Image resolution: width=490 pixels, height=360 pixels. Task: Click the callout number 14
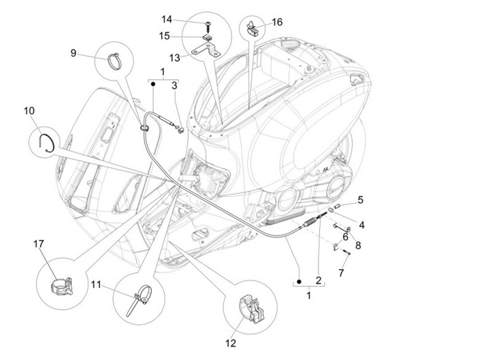(167, 18)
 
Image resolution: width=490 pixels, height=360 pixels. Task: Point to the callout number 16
(277, 21)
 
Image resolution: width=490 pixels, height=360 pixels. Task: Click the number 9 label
(73, 53)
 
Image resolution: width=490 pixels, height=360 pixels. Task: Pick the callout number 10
(29, 110)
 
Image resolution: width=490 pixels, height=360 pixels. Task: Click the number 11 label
(97, 284)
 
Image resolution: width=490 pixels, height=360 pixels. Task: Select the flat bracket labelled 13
(208, 50)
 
